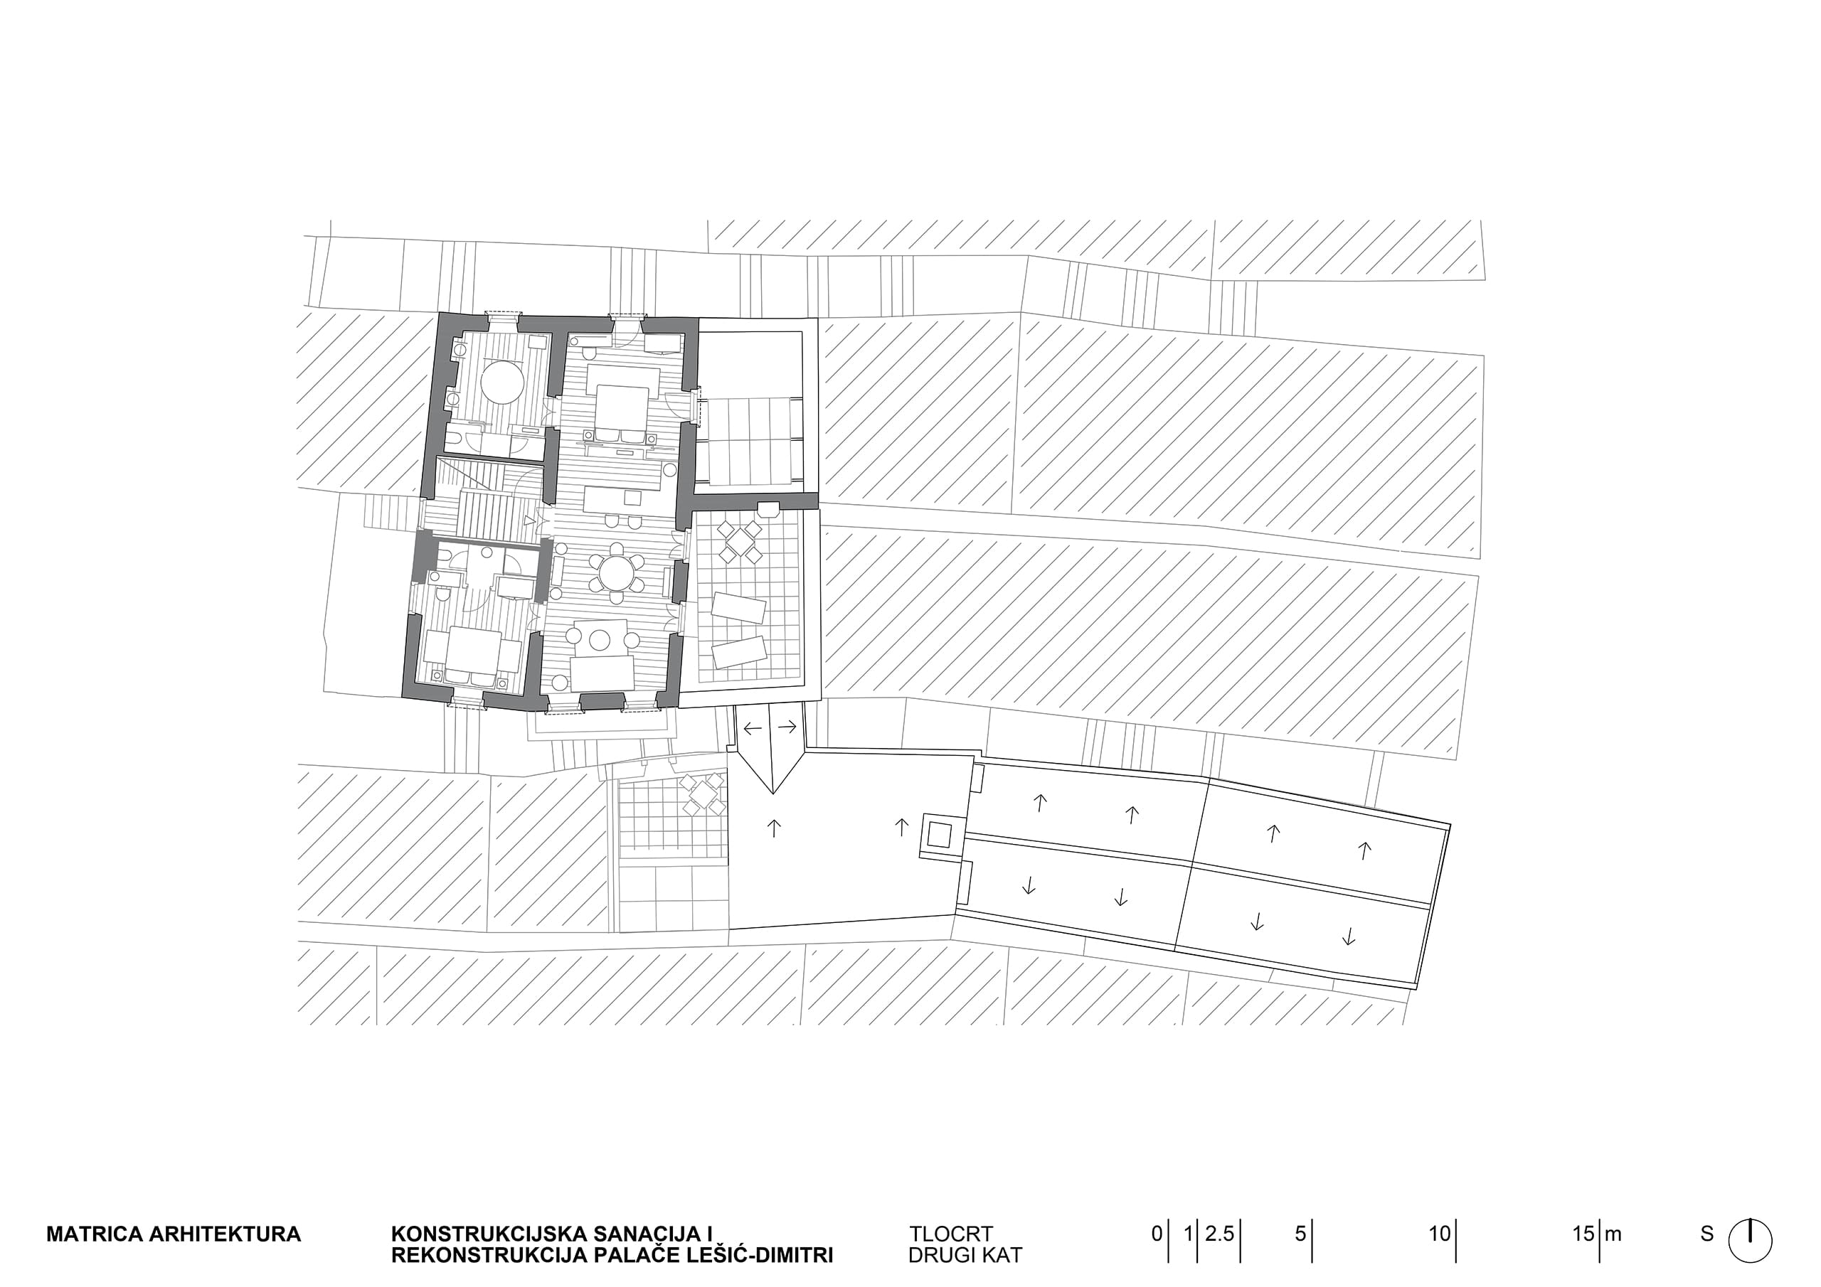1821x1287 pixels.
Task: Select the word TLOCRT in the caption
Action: (x=951, y=1234)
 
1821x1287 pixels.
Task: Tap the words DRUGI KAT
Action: (x=965, y=1255)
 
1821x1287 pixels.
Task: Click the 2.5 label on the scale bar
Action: (x=1219, y=1234)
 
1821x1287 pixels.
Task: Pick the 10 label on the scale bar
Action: (x=1440, y=1234)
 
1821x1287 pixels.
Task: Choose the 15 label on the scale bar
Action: (x=1584, y=1234)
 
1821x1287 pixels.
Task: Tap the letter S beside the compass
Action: (x=1706, y=1234)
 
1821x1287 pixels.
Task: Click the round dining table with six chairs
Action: (x=616, y=571)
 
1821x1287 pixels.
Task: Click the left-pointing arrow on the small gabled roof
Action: (x=752, y=727)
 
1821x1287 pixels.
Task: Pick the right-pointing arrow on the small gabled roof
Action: (x=787, y=727)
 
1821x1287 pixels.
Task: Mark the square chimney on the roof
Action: (x=940, y=834)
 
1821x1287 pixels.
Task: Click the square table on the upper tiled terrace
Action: (x=740, y=542)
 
